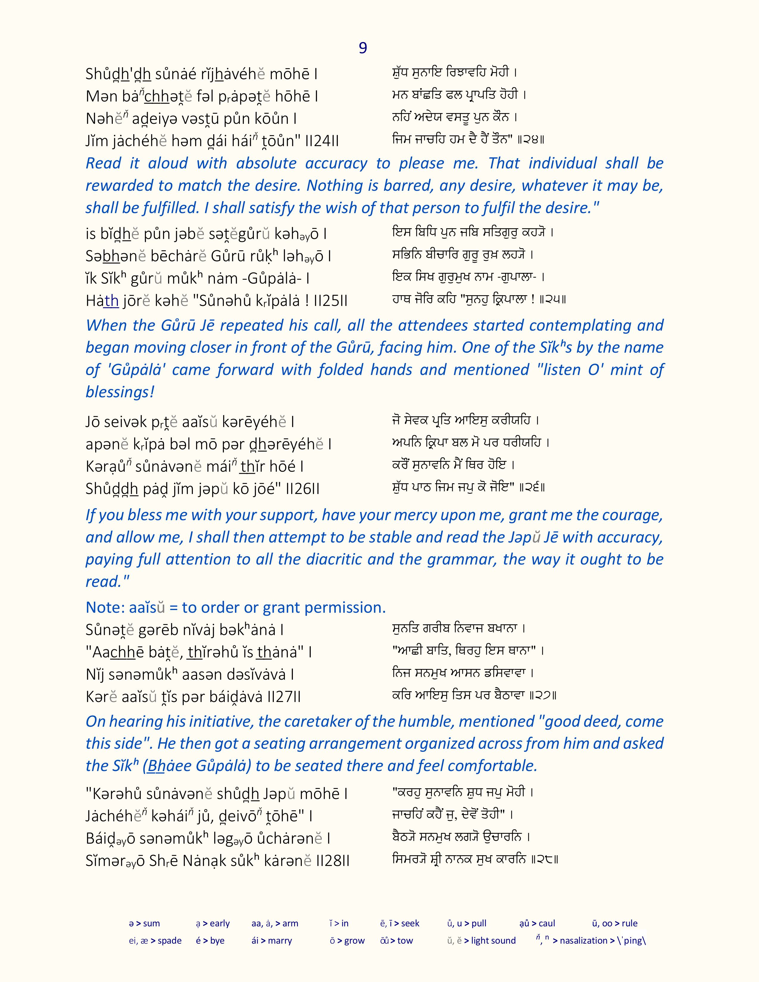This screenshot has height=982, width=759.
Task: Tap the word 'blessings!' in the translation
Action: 120,392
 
